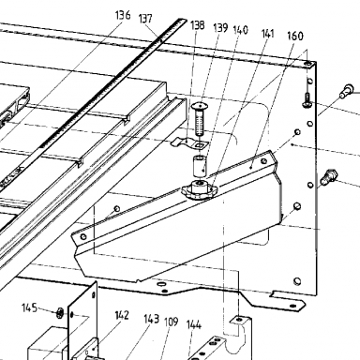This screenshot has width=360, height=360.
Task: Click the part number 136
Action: coord(123,14)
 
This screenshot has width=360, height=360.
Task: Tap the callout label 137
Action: coord(145,19)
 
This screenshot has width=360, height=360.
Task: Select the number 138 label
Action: coord(197,25)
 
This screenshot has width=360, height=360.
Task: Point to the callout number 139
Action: coord(220,28)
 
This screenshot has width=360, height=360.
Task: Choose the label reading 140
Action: coord(240,30)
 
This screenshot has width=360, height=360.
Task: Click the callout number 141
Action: coord(267,34)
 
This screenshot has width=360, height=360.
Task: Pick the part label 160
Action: coord(295,36)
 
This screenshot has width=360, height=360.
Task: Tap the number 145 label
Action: coord(29,307)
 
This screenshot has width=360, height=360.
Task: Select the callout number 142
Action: coord(121,315)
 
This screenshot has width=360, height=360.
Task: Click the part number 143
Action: coord(151,319)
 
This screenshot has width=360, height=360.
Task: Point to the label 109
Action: coord(171,322)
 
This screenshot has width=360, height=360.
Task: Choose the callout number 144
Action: coord(194,325)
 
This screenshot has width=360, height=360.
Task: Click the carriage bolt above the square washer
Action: coord(200,119)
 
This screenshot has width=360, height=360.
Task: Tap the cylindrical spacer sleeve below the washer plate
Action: coord(199,166)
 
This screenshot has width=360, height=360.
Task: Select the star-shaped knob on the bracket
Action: coord(198,188)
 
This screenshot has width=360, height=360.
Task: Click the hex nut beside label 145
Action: coord(59,312)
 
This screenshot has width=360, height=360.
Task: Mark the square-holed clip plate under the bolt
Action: coord(190,142)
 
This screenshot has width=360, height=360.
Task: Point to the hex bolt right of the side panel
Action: coord(329,176)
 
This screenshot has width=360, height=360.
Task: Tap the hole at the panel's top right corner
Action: coord(308,64)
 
